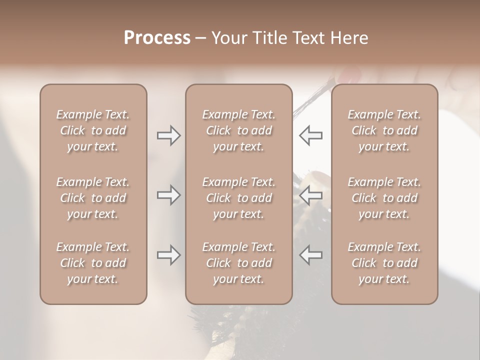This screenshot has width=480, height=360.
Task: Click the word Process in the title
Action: click(x=157, y=38)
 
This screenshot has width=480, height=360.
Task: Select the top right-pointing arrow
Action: click(x=168, y=135)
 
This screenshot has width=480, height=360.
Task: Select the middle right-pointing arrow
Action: click(x=168, y=195)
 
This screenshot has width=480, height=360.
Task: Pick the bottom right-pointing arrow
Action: click(x=168, y=255)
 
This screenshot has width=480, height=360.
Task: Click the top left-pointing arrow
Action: click(x=310, y=135)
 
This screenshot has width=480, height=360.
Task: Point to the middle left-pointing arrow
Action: click(x=310, y=195)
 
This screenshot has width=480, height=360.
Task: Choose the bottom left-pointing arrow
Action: click(x=310, y=255)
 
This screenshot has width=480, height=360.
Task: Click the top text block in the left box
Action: click(x=93, y=130)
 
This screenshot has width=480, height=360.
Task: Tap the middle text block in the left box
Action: click(x=93, y=198)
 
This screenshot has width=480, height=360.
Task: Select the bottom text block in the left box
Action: click(x=93, y=263)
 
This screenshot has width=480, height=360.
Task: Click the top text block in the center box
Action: click(x=238, y=130)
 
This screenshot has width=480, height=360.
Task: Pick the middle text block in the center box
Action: click(x=238, y=198)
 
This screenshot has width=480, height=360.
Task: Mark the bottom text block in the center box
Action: click(x=238, y=263)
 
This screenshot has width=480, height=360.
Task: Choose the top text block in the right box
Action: click(x=384, y=130)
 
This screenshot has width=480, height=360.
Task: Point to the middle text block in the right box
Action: click(x=384, y=198)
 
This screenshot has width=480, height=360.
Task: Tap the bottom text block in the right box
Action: click(x=384, y=263)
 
